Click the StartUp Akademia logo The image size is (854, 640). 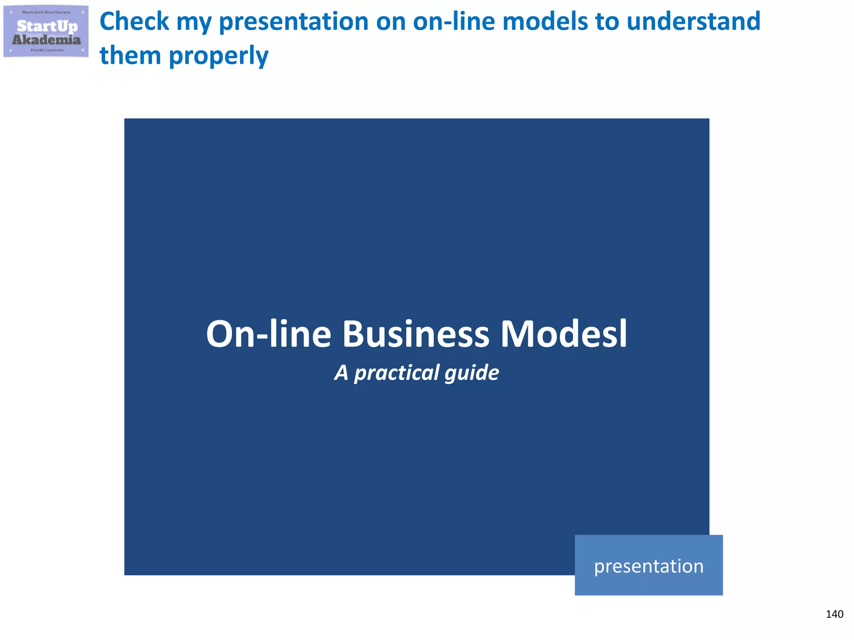(x=46, y=31)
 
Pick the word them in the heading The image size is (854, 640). (x=130, y=55)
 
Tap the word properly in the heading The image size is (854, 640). (x=219, y=56)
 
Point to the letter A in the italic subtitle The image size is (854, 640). (x=341, y=372)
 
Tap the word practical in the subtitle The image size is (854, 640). (x=397, y=372)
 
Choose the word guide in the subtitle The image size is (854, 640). (x=472, y=372)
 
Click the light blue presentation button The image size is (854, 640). (x=648, y=565)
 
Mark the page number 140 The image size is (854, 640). (x=834, y=614)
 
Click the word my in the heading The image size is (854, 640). (x=194, y=22)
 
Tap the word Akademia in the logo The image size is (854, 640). (x=46, y=40)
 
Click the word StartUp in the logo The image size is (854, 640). (x=47, y=26)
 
